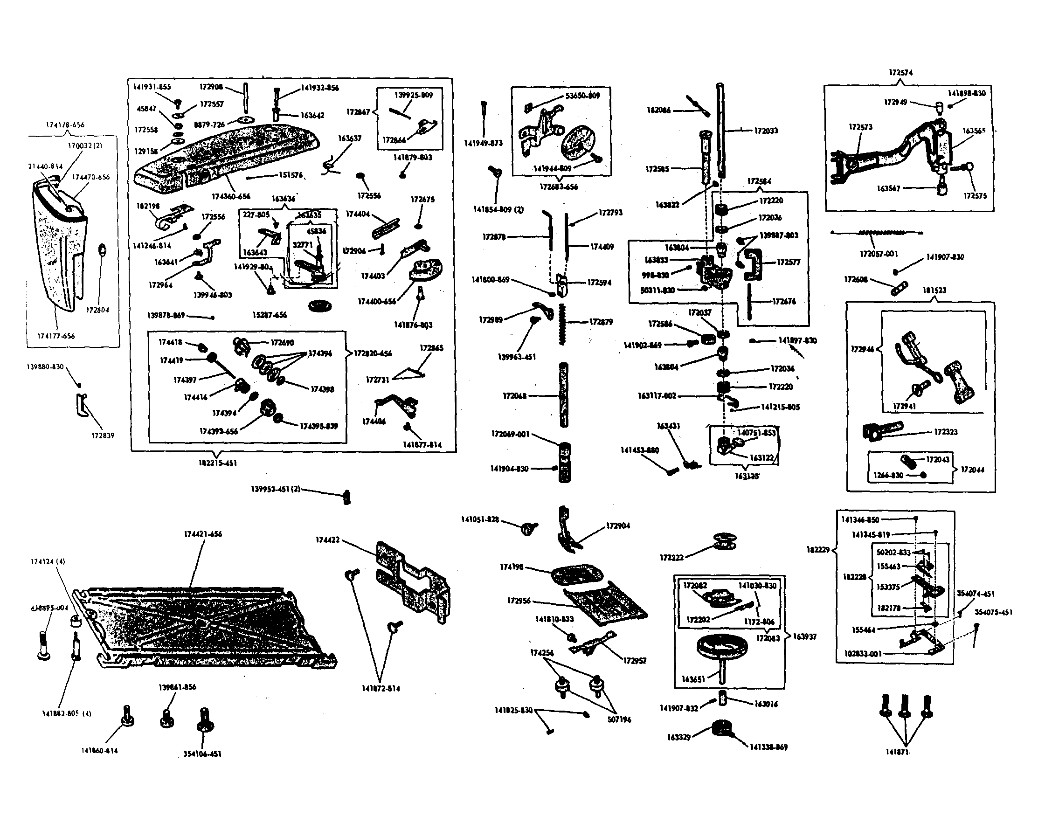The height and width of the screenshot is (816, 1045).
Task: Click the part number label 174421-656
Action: click(x=203, y=534)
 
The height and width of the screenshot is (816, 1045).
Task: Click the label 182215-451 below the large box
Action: click(x=217, y=463)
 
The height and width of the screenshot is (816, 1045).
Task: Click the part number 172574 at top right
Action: click(x=900, y=73)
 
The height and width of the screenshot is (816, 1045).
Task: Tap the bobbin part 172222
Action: click(x=725, y=541)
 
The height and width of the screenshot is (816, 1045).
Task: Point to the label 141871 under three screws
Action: click(x=898, y=752)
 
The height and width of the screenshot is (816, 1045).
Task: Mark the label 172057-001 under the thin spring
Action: click(x=879, y=254)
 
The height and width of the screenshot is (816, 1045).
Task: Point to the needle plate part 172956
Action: click(x=605, y=605)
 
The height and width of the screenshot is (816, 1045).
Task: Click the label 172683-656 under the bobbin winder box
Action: click(x=558, y=187)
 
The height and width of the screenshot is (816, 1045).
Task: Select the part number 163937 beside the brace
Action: click(x=804, y=636)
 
